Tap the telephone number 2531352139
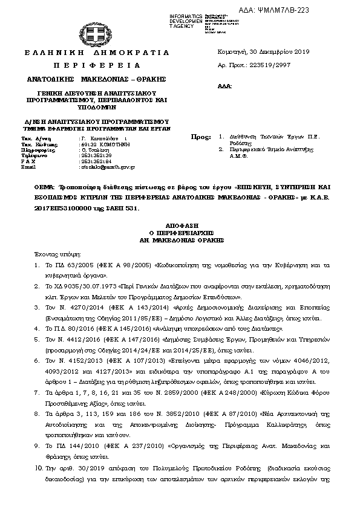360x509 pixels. point(96,155)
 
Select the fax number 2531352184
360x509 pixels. point(96,161)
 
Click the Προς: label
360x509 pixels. point(206,137)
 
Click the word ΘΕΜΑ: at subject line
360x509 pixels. point(44,189)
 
